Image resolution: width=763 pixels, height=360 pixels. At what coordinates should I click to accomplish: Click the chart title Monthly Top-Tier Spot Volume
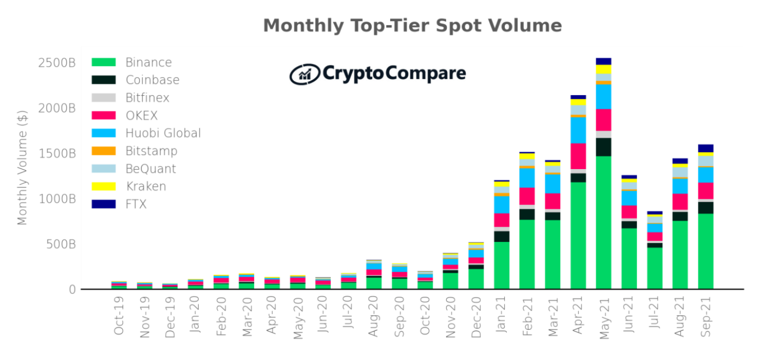pyautogui.click(x=412, y=26)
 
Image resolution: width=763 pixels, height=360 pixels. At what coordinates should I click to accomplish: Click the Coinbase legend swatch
pyautogui.click(x=104, y=80)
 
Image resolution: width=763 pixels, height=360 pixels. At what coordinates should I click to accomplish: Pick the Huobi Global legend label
pyautogui.click(x=163, y=133)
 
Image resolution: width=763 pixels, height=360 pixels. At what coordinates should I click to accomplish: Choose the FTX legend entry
pyautogui.click(x=135, y=204)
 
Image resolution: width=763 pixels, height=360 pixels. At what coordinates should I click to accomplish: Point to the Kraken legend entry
pyautogui.click(x=146, y=186)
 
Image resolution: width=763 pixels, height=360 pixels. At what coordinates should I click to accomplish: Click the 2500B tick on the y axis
pyautogui.click(x=57, y=63)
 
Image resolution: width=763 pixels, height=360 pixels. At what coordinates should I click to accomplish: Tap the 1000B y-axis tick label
pyautogui.click(x=57, y=199)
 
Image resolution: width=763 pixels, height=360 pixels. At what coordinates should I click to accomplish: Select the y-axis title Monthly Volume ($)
pyautogui.click(x=22, y=168)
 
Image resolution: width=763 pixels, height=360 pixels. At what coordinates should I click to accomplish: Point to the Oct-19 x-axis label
pyautogui.click(x=118, y=319)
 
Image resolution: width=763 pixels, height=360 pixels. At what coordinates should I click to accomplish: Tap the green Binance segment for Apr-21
pyautogui.click(x=578, y=235)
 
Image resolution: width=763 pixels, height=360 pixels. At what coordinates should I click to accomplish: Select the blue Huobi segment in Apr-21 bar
pyautogui.click(x=578, y=130)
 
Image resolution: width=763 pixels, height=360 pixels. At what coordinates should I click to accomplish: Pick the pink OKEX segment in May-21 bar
pyautogui.click(x=603, y=120)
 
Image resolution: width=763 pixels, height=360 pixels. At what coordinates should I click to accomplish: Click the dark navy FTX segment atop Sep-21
pyautogui.click(x=706, y=148)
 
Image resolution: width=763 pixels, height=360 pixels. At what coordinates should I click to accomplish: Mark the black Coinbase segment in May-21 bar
pyautogui.click(x=603, y=147)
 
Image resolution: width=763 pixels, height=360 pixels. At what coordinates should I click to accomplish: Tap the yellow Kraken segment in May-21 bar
pyautogui.click(x=603, y=69)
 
